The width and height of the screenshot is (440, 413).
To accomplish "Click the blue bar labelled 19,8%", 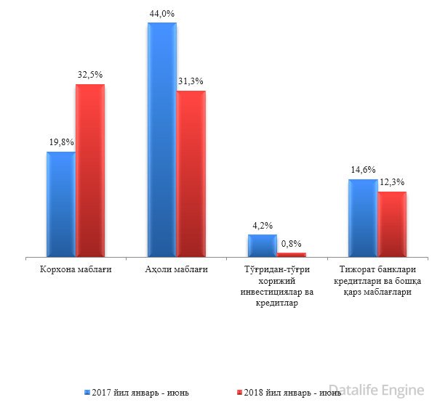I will (60, 204).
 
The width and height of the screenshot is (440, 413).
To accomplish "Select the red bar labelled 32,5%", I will (90, 171).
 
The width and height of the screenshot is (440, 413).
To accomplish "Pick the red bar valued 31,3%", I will (191, 173).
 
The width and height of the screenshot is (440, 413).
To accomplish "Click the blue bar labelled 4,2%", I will (262, 245).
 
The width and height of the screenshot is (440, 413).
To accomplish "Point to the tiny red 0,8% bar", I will (292, 254).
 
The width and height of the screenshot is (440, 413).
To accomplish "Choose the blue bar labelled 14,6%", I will (363, 218).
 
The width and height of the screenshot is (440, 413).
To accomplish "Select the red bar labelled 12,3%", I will (392, 224).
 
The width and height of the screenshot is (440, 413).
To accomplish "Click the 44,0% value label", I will (161, 12).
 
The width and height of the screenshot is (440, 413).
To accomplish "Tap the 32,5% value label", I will (90, 74).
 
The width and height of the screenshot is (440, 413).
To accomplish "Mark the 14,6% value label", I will (362, 170).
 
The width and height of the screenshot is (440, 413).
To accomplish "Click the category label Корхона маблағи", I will (76, 271).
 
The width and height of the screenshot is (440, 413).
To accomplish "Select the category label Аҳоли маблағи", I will (176, 271).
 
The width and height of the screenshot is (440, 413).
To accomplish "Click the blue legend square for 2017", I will (87, 393).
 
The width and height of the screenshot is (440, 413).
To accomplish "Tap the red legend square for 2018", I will (241, 393).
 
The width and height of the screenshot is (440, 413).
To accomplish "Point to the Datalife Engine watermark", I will (375, 390).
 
